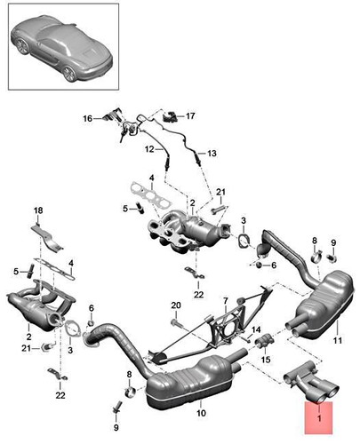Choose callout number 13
(x=212, y=154)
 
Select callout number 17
(x=190, y=115)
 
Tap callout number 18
(x=37, y=210)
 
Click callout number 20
(x=175, y=306)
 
